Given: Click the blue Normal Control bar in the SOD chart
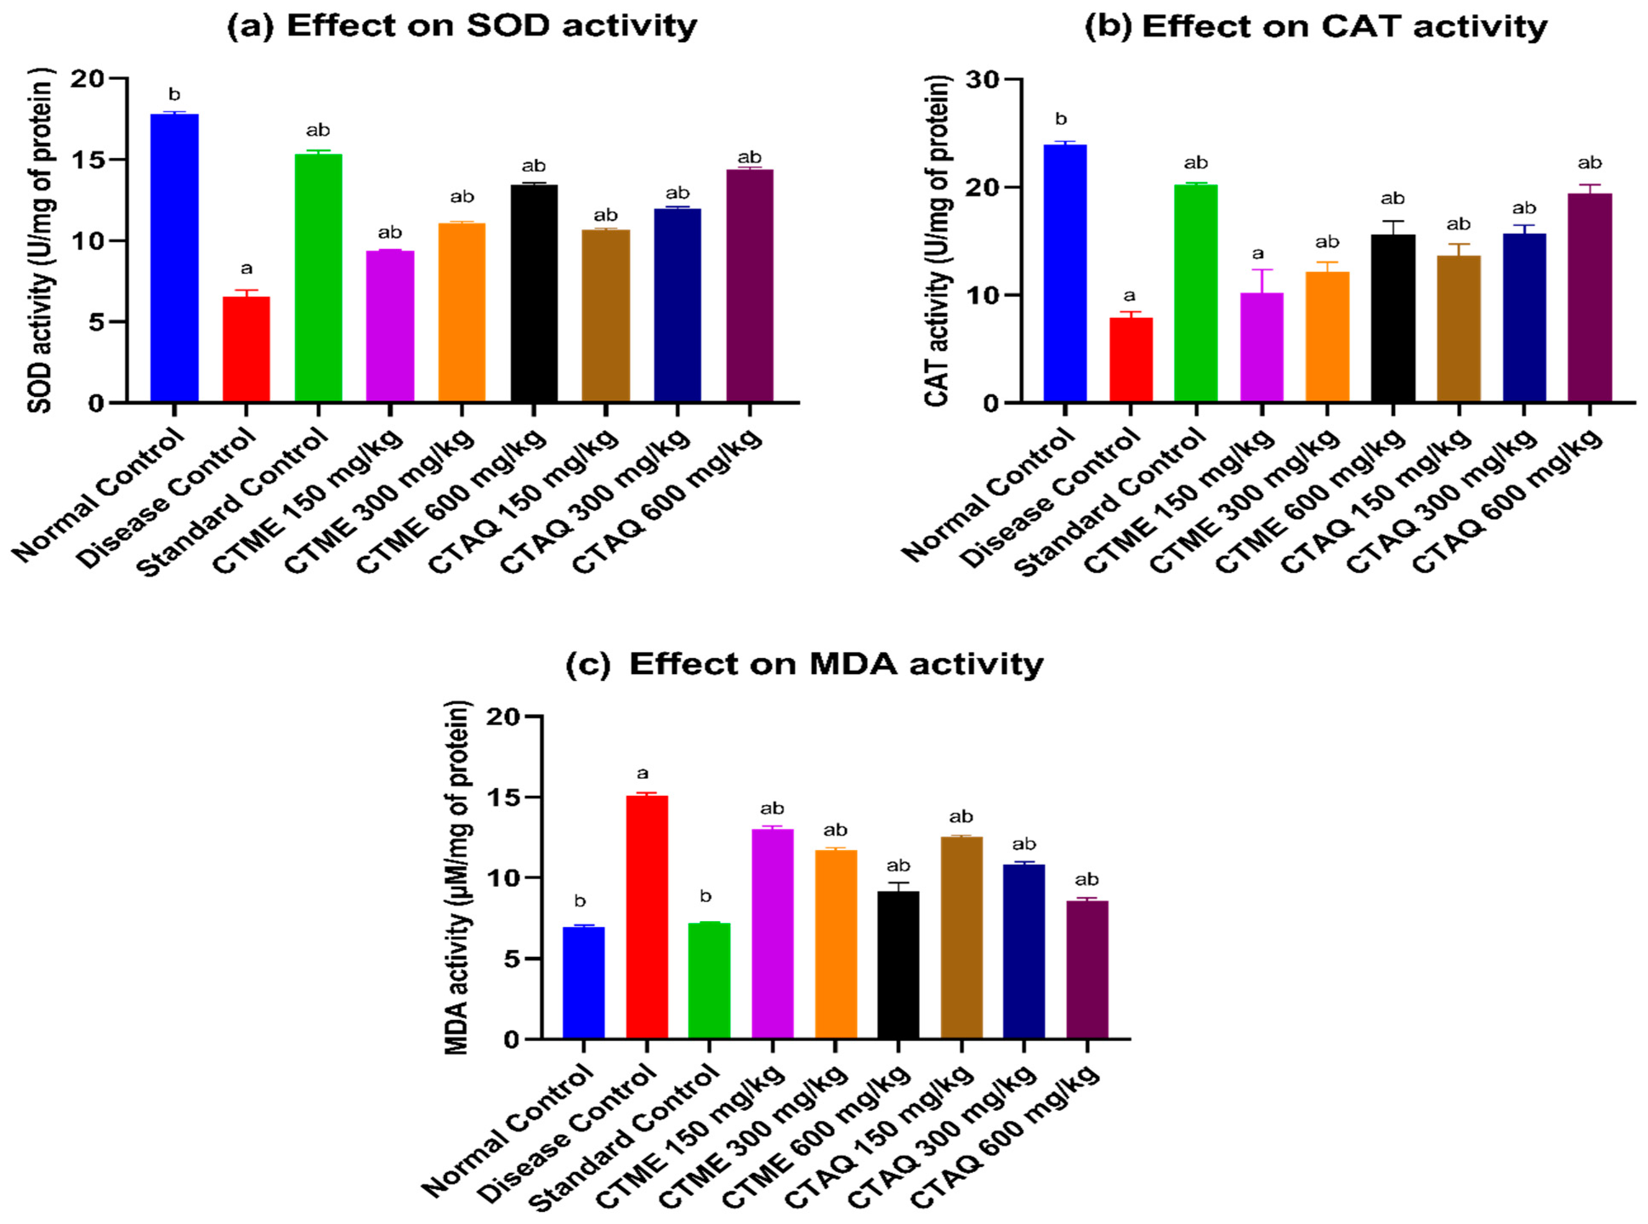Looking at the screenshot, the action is point(174,258).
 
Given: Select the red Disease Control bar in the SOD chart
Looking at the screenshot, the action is point(246,349).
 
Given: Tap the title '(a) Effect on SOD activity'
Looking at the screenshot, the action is point(462,26).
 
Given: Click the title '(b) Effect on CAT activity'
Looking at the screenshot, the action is point(1315,27).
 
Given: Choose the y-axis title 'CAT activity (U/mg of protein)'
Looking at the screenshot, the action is point(937,241).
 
